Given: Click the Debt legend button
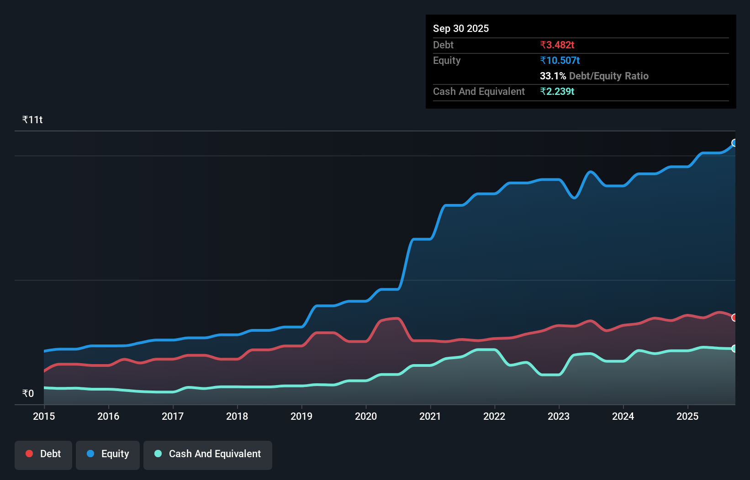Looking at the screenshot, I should click(x=43, y=454).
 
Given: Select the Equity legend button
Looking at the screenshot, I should click(x=108, y=454).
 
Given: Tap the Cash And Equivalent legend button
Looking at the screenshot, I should click(x=208, y=454).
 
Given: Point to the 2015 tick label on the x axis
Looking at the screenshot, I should click(x=44, y=416).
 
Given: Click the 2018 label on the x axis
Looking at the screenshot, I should click(x=237, y=416).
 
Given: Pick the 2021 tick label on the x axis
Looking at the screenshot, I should click(x=430, y=416).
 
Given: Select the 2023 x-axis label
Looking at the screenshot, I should click(x=559, y=416).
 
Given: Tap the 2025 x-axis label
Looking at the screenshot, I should click(x=687, y=416).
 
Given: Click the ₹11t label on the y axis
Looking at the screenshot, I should click(x=32, y=120).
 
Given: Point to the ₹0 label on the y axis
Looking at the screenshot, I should click(x=28, y=393).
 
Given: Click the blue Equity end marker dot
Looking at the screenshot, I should click(x=734, y=143).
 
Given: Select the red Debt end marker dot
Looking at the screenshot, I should click(x=734, y=318).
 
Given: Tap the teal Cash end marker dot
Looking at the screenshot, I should click(x=734, y=349).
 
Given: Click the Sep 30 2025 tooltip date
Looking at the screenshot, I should click(x=461, y=29).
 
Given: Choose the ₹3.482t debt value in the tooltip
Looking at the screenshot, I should click(x=557, y=45).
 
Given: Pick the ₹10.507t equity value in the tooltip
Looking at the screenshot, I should click(x=560, y=61).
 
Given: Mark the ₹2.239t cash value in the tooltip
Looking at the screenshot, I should click(x=557, y=92).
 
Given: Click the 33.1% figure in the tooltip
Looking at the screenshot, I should click(x=553, y=76).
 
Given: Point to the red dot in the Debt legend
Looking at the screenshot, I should click(x=29, y=454).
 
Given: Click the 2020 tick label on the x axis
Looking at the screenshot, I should click(x=366, y=416).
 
